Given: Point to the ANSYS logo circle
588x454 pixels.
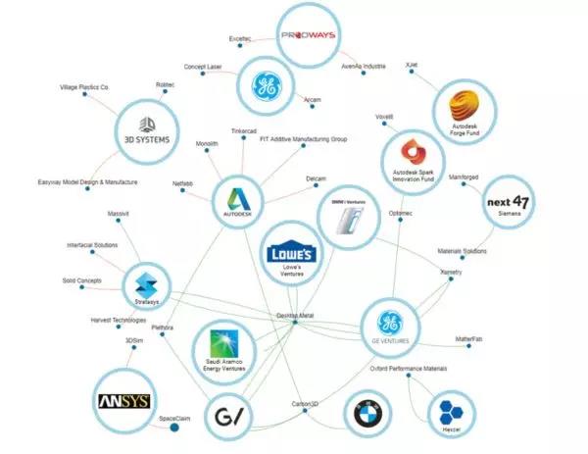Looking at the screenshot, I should coord(122,401).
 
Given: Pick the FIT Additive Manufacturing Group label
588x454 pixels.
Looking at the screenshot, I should coord(303,139).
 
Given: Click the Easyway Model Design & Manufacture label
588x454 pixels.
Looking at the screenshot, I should coord(87,182).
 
